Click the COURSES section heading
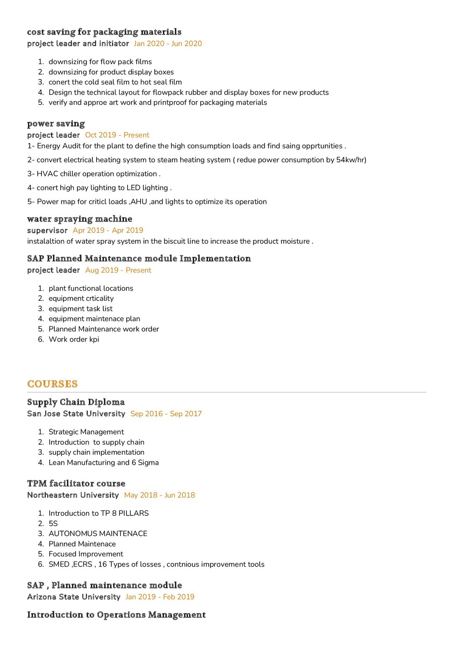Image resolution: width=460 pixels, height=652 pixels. click(x=52, y=384)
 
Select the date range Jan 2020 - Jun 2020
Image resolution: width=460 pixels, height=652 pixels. click(x=168, y=44)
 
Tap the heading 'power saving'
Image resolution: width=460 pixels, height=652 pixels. click(x=56, y=124)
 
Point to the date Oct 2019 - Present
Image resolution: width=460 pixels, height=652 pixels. click(x=117, y=135)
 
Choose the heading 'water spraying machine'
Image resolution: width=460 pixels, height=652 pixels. click(x=79, y=219)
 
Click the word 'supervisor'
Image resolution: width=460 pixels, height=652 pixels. click(x=47, y=230)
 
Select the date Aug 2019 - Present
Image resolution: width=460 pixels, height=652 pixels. click(x=118, y=270)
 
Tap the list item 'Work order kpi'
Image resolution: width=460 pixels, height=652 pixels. click(x=74, y=339)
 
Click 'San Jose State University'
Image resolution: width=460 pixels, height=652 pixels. click(x=76, y=414)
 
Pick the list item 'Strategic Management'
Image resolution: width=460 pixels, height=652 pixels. click(x=86, y=432)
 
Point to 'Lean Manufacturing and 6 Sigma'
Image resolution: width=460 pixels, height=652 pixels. click(x=104, y=462)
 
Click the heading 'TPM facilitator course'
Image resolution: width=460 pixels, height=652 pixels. click(x=76, y=483)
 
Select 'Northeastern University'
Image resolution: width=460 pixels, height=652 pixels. click(x=73, y=495)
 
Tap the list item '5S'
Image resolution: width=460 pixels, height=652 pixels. click(x=53, y=523)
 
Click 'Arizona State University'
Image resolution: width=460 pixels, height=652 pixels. click(x=74, y=597)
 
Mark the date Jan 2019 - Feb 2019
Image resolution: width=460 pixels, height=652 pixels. click(x=160, y=597)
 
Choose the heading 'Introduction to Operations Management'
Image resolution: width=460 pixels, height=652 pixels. click(x=116, y=615)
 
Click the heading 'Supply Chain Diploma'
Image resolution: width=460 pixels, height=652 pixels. click(x=76, y=402)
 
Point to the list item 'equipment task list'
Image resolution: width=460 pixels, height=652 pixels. click(x=80, y=309)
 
